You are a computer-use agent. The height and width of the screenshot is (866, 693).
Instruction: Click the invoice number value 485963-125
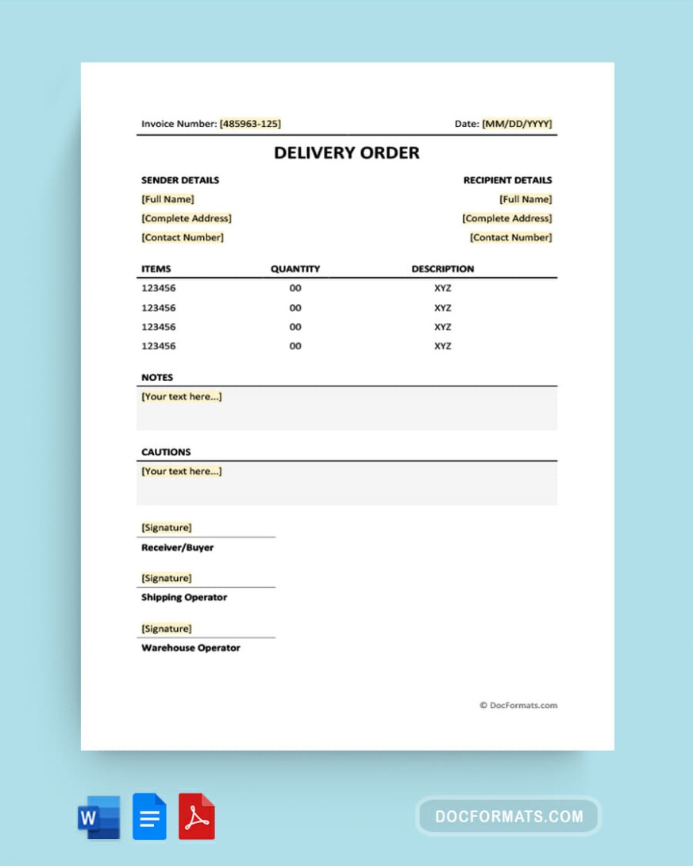[x=250, y=124]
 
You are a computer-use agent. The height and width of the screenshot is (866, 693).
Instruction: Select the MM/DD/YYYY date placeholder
[x=517, y=124]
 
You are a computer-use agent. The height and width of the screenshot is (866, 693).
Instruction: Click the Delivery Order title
[x=347, y=152]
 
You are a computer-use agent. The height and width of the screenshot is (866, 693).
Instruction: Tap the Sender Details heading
[x=180, y=180]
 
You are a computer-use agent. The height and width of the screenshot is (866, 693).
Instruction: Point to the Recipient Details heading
[x=507, y=180]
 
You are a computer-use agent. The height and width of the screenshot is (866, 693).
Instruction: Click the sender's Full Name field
[x=167, y=199]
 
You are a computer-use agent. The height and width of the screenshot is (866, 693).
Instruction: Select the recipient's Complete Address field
[x=507, y=218]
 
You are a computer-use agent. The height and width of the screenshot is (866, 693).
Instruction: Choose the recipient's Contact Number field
[x=510, y=237]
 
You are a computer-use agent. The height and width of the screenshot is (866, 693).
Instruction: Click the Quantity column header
[x=295, y=269]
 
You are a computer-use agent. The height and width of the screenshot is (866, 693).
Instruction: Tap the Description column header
[x=442, y=269]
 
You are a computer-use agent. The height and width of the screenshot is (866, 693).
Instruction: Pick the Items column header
[x=156, y=269]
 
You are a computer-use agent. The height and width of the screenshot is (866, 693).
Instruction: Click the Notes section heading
[x=157, y=377]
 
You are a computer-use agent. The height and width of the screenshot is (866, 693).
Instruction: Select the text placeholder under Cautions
[x=182, y=471]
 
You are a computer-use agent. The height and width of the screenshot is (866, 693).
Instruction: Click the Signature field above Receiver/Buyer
[x=167, y=528]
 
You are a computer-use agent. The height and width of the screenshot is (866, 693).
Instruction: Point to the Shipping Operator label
[x=184, y=597]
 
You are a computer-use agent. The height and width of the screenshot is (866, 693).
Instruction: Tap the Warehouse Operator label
[x=191, y=648]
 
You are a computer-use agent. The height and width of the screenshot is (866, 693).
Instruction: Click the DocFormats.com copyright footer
[x=518, y=705]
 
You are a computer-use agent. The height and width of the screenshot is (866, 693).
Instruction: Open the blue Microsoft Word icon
[x=98, y=817]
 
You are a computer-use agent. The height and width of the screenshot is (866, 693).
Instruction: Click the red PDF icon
[x=197, y=817]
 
